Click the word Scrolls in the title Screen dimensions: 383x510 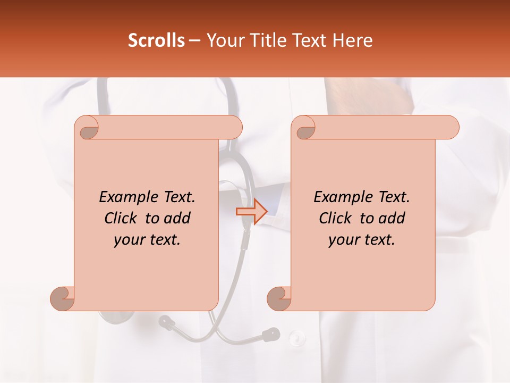click(x=156, y=40)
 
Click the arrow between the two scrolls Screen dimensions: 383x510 click(x=251, y=212)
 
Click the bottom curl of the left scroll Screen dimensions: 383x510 click(x=63, y=298)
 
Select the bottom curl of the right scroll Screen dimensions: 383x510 click(x=279, y=298)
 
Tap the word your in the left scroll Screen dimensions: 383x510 click(x=128, y=240)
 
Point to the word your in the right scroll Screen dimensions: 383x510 click(x=343, y=240)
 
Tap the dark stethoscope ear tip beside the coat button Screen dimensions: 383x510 click(x=271, y=334)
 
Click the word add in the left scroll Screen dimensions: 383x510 click(x=177, y=218)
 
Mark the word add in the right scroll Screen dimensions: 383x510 click(x=392, y=218)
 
